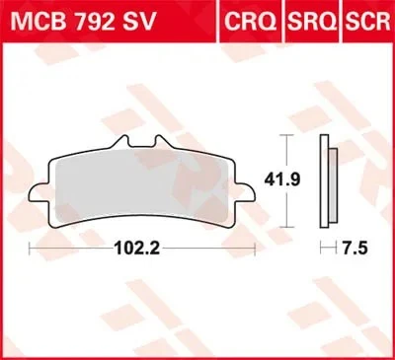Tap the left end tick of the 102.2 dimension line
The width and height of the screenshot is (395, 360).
point(31,247)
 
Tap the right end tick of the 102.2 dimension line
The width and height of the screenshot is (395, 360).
point(257,247)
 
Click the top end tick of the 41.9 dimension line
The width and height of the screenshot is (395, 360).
point(286,134)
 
